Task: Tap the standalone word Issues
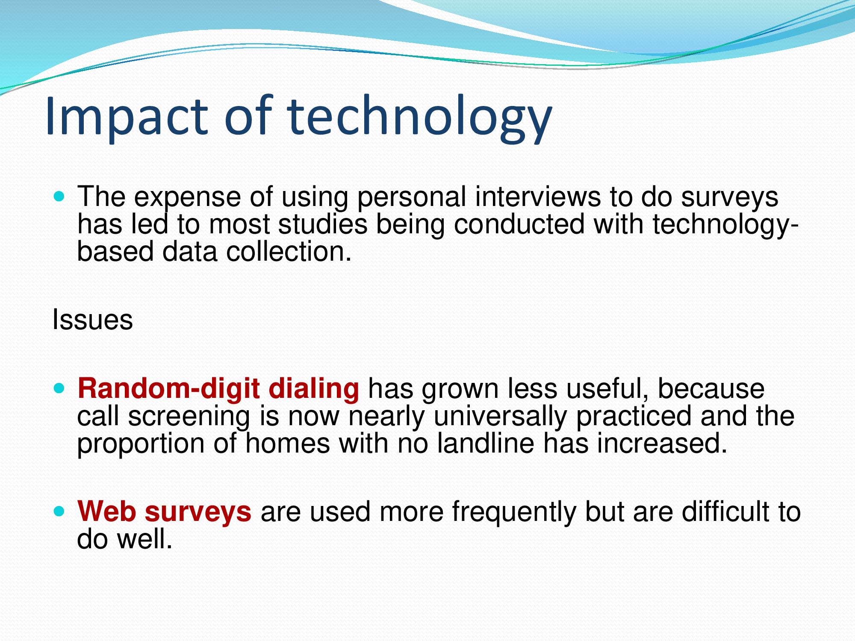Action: (92, 319)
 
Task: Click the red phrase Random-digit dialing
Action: (218, 389)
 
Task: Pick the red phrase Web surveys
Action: (164, 512)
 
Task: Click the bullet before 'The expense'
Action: (59, 197)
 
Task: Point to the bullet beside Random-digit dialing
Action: (59, 388)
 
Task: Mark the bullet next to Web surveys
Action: (59, 511)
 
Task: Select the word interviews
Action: (538, 197)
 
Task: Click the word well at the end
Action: (145, 539)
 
